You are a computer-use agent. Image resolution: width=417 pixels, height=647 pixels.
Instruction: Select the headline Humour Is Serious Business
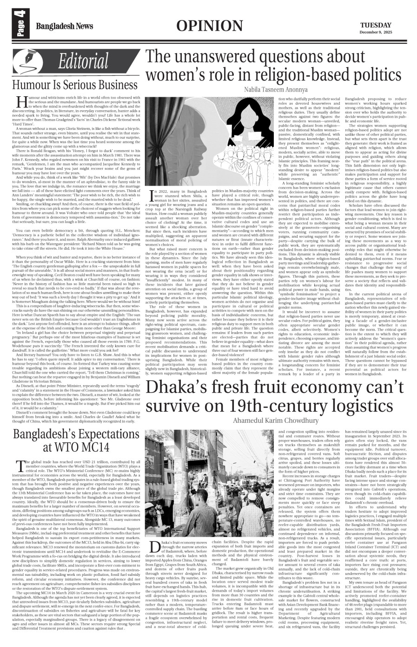click(x=75, y=85)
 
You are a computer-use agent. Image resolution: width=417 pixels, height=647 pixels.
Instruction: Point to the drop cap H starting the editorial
click(x=20, y=102)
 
